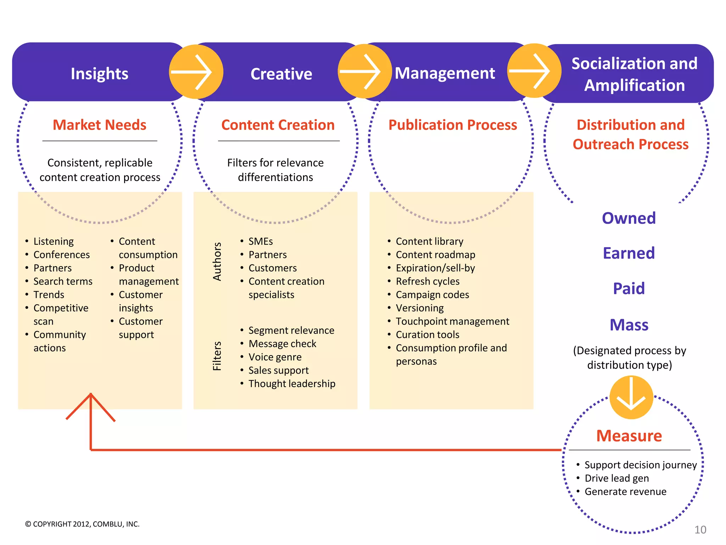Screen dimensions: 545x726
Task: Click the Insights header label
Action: pyautogui.click(x=99, y=74)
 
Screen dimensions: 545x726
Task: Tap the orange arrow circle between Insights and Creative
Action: pyautogui.click(x=196, y=72)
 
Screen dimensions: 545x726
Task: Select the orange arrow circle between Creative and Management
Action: pyautogui.click(x=364, y=71)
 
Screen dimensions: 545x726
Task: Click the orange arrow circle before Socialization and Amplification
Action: pyautogui.click(x=534, y=71)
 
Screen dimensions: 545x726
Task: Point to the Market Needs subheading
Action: pyautogui.click(x=99, y=125)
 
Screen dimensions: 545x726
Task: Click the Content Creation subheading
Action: pyautogui.click(x=278, y=125)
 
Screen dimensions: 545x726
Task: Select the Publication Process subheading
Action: pyautogui.click(x=453, y=125)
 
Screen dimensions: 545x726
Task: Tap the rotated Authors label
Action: pyautogui.click(x=217, y=262)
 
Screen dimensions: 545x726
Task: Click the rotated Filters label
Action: pyautogui.click(x=217, y=356)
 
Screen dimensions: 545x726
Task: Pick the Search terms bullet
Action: pyautogui.click(x=63, y=281)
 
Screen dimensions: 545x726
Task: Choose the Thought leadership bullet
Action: pyautogui.click(x=291, y=384)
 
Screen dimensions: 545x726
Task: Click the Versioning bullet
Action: pyautogui.click(x=419, y=308)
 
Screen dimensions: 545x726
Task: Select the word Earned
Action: pyautogui.click(x=629, y=253)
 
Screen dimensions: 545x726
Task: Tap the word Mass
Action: pyautogui.click(x=629, y=325)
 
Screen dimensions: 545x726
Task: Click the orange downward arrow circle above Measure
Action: pyautogui.click(x=631, y=397)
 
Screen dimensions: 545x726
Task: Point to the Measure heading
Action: pyautogui.click(x=629, y=436)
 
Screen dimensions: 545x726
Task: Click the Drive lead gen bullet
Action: pyautogui.click(x=616, y=478)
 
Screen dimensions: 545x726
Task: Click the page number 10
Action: pyautogui.click(x=700, y=530)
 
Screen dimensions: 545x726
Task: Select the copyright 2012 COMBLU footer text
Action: pyautogui.click(x=82, y=524)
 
